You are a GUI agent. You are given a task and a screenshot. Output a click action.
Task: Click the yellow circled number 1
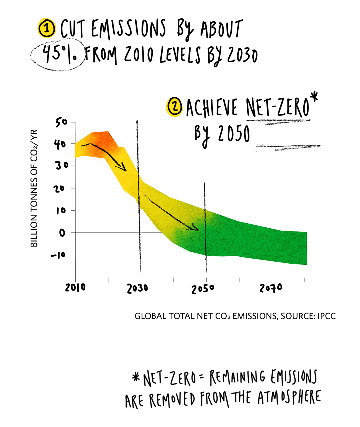click(x=47, y=28)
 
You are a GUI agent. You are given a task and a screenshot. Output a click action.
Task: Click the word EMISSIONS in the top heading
click(x=128, y=29)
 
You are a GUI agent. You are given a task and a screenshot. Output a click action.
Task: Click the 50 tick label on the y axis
click(x=62, y=122)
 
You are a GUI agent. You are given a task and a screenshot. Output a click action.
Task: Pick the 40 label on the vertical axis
click(x=60, y=144)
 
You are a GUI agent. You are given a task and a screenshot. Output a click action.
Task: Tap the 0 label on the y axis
click(x=62, y=233)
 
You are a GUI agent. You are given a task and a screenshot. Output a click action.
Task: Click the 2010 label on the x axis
click(x=75, y=288)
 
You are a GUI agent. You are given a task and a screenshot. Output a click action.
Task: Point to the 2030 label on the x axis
click(x=138, y=289)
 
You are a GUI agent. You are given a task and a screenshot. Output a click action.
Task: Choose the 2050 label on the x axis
click(x=202, y=289)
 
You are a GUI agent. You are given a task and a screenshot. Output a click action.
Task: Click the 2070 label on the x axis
click(x=271, y=288)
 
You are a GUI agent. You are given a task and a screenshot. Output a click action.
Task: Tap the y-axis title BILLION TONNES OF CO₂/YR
click(x=34, y=188)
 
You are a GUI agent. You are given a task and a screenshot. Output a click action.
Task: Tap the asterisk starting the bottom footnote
click(x=136, y=377)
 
